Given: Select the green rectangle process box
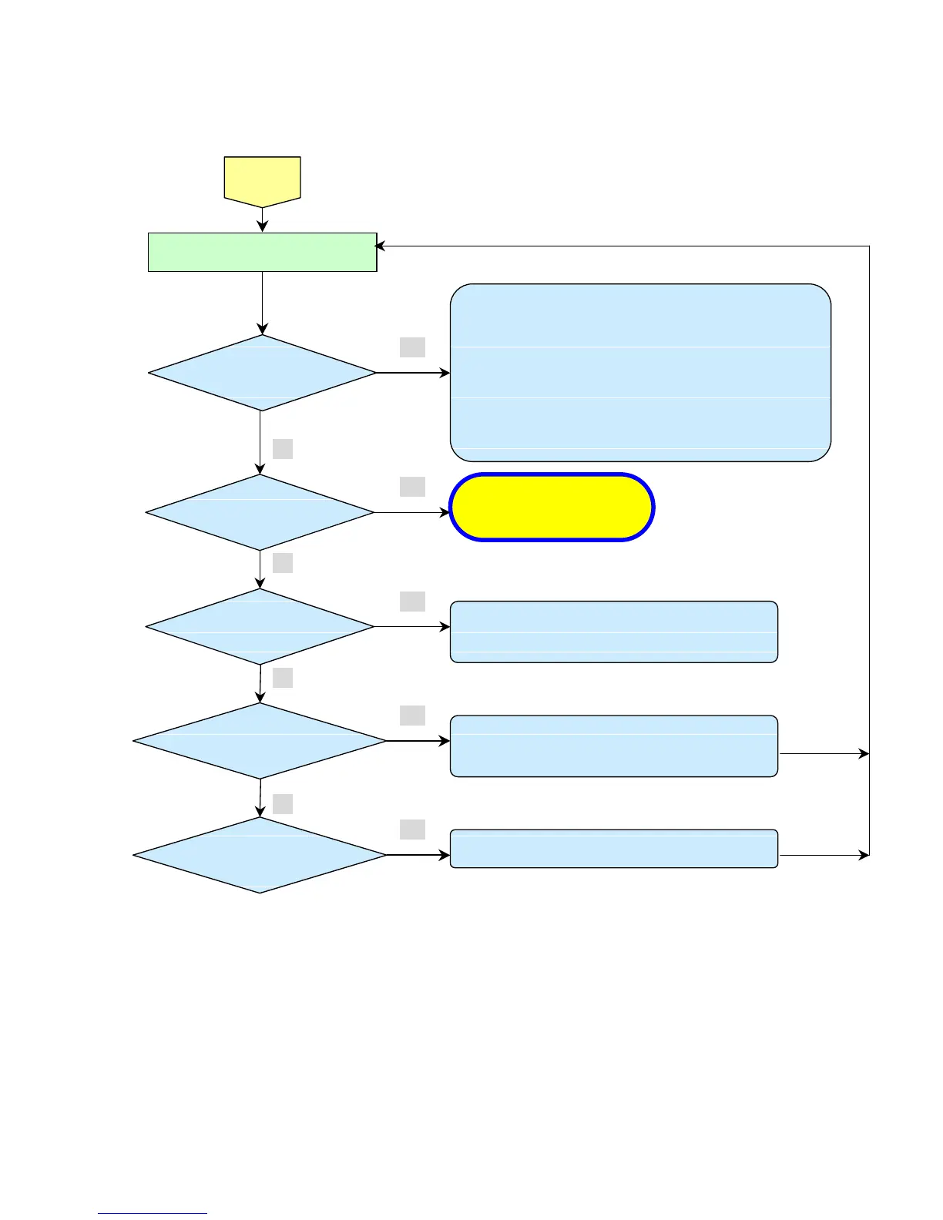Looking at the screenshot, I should coord(262,252).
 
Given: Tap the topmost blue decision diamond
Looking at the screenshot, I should coord(262,373).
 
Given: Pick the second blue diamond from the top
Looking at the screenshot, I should coord(260,512).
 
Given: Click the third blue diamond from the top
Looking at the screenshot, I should coord(260,627).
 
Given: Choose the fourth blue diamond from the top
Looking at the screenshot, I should coord(260,741).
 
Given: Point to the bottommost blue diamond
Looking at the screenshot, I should coord(260,855).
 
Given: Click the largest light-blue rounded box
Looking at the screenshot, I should coord(640,373).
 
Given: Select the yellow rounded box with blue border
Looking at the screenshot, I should coord(552,508).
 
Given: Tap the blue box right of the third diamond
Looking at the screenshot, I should coord(614,632).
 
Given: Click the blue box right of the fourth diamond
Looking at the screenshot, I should coord(614,746).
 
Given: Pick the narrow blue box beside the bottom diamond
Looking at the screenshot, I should coord(614,849).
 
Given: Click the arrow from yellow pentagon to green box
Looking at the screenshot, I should coord(263,220).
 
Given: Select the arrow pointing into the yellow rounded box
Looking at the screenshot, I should coord(412,512).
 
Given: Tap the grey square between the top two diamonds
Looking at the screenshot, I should coord(283,449).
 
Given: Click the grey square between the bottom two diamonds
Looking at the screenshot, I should coord(283,804).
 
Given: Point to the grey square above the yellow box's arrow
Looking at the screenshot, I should coord(412,487).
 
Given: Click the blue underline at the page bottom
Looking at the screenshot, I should coord(153,1214).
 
